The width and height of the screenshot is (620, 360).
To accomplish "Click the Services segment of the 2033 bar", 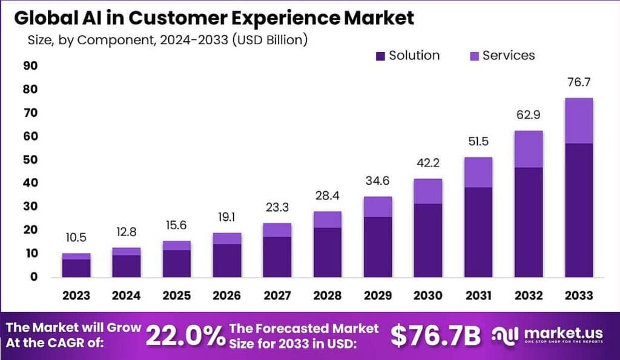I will [x=578, y=120].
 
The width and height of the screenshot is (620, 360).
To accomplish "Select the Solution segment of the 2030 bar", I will [x=427, y=240].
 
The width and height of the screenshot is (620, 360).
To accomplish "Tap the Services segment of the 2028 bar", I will [x=328, y=219].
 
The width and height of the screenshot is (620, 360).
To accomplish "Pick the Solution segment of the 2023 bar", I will [x=76, y=267].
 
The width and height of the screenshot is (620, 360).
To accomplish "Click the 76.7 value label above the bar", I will [x=578, y=83].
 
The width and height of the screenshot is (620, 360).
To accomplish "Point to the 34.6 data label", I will [x=377, y=182].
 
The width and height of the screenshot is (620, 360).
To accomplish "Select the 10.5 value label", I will [x=76, y=238].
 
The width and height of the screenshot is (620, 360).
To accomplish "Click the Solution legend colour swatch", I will [x=380, y=56].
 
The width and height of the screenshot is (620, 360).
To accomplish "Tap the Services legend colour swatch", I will [x=474, y=56].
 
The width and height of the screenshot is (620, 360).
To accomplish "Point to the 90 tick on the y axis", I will [x=30, y=66].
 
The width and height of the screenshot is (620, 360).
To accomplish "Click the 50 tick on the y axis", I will [x=30, y=160].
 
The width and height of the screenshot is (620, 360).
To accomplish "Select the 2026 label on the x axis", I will [x=226, y=296].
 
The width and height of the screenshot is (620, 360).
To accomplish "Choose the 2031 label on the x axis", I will [x=478, y=296].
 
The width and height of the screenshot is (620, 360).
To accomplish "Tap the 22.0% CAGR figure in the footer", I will [x=185, y=336].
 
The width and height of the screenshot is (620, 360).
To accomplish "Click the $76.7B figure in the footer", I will [x=435, y=336].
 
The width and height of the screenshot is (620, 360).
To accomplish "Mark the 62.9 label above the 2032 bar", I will [x=528, y=116].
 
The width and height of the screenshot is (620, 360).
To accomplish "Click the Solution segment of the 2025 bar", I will [x=177, y=263].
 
